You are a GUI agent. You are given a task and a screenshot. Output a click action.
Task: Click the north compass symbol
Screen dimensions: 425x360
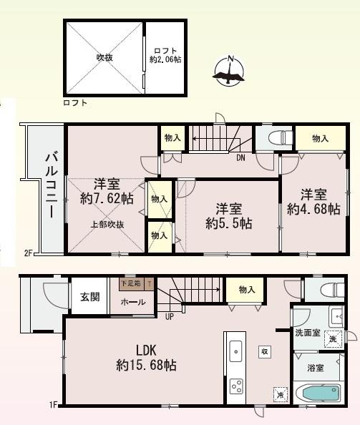[x=230, y=71]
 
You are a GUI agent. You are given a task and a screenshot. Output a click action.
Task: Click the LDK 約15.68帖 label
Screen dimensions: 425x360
[x=147, y=358]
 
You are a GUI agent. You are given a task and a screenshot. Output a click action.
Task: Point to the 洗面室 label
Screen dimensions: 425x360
[x=308, y=333]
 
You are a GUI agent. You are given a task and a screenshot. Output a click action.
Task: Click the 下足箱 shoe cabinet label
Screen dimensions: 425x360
[x=130, y=284]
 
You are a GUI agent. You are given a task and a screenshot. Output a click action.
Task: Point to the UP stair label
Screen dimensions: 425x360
[x=169, y=316]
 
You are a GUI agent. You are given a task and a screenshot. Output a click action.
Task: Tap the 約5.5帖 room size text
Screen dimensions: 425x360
[x=229, y=223]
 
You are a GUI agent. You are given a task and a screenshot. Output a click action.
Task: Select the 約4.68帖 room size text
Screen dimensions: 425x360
[x=313, y=209]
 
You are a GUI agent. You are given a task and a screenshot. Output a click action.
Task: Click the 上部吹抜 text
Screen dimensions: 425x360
[x=107, y=224]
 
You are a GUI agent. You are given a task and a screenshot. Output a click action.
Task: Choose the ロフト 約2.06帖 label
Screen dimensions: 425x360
[x=167, y=55]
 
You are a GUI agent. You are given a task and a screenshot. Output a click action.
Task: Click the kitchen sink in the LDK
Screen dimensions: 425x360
[x=236, y=351]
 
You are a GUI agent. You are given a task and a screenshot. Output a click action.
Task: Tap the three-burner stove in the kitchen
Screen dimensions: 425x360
[x=236, y=386]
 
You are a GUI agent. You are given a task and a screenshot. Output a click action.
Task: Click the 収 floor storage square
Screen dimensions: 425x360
[x=265, y=351]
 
